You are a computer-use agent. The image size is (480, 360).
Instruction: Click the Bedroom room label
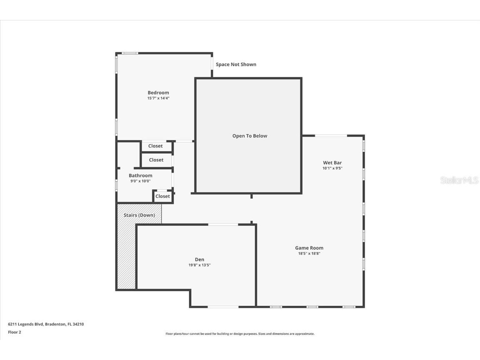tap(158, 92)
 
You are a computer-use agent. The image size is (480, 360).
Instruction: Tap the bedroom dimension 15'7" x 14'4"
tap(158, 98)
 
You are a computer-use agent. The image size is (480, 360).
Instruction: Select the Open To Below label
tap(250, 136)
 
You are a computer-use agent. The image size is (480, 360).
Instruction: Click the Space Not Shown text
tap(236, 65)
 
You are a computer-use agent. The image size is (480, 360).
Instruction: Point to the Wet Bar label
tap(332, 162)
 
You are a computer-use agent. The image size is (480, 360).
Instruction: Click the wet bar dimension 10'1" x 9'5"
tap(332, 168)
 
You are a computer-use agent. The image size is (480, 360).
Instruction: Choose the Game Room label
tap(309, 248)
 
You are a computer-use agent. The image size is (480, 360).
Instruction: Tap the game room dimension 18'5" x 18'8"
tap(309, 253)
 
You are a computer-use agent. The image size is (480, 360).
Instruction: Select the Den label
tap(200, 260)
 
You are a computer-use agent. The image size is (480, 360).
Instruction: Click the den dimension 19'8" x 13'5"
tap(200, 265)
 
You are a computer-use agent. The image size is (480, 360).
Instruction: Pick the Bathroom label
tap(140, 175)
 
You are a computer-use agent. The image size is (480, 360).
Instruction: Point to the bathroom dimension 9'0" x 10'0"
tap(140, 181)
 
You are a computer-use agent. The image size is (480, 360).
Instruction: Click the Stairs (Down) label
tap(139, 215)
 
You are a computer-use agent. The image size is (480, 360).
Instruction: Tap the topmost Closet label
tap(155, 146)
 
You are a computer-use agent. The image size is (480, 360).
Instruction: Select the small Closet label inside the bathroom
tap(162, 196)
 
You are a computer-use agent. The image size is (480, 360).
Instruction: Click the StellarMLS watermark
tap(459, 180)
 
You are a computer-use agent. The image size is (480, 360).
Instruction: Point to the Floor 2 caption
tap(15, 332)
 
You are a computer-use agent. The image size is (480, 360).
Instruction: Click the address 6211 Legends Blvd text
tap(46, 324)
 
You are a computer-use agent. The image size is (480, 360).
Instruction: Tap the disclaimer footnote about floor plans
tap(240, 334)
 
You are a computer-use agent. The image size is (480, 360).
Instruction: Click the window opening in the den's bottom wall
tap(223, 307)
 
